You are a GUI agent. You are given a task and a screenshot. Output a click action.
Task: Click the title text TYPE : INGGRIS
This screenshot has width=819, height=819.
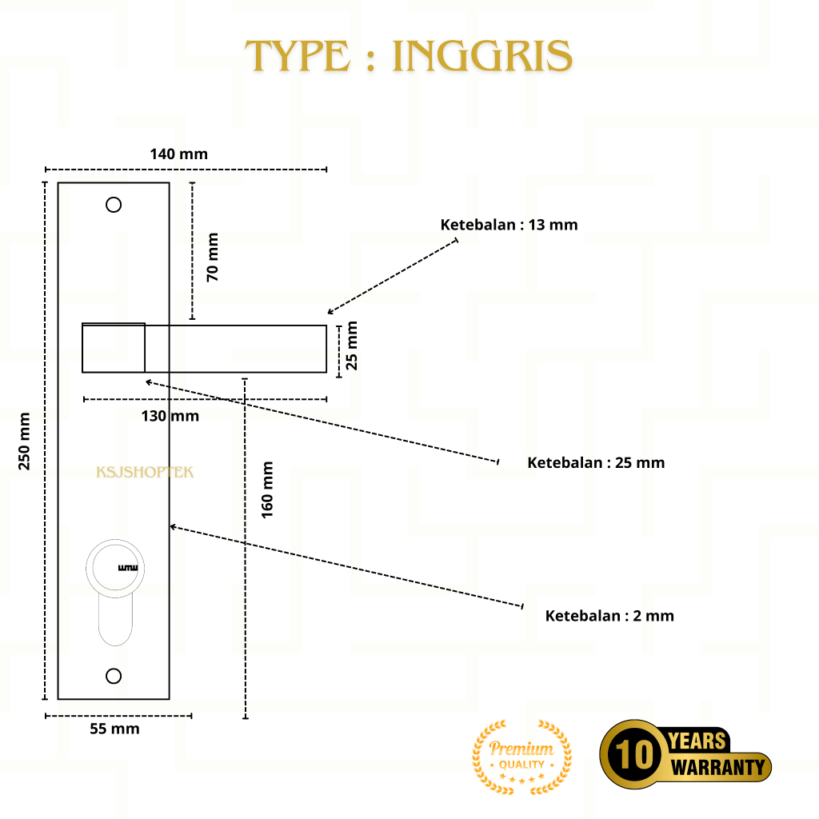click(409, 56)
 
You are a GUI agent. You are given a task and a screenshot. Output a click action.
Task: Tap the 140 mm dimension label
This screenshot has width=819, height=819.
click(178, 154)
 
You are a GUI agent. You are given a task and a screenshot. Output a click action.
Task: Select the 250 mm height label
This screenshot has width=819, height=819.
click(25, 441)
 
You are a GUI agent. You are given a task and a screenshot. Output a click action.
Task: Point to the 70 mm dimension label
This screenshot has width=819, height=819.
click(212, 257)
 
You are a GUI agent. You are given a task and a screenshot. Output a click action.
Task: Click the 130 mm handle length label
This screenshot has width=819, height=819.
click(170, 416)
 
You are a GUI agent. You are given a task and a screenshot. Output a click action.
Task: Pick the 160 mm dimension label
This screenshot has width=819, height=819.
click(267, 489)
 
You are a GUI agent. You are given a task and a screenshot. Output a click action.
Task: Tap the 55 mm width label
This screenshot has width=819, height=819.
click(115, 729)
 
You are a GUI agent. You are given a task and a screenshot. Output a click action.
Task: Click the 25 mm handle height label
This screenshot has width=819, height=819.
click(352, 345)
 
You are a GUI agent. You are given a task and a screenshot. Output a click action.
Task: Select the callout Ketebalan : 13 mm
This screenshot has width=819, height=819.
click(509, 225)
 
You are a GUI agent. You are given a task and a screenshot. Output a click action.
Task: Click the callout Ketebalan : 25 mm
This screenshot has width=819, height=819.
click(596, 462)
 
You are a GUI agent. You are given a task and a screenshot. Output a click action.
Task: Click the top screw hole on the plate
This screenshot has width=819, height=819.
click(114, 205)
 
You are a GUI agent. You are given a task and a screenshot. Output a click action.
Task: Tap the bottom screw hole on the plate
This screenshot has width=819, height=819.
click(114, 676)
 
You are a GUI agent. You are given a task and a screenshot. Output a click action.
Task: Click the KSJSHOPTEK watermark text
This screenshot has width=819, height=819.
click(145, 472)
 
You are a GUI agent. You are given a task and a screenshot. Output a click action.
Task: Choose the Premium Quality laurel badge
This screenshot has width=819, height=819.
click(521, 757)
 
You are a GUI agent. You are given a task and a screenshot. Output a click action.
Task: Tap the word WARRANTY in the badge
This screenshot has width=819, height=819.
click(717, 768)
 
